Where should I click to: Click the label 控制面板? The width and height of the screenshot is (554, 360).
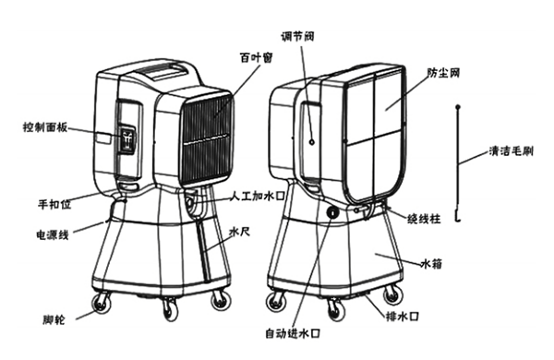(45, 127)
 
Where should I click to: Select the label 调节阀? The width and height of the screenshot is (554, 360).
(297, 36)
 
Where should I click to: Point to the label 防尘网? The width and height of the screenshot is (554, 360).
(443, 73)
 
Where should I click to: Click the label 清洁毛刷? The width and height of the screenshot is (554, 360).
(511, 151)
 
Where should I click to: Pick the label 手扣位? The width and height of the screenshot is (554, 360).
(54, 204)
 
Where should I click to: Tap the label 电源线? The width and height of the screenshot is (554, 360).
(53, 234)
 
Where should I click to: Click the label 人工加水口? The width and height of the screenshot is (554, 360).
(258, 196)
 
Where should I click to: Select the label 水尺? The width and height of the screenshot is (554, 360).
(240, 232)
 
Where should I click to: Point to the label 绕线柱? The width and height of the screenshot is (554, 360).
(424, 219)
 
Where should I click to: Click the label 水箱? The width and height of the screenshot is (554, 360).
(431, 264)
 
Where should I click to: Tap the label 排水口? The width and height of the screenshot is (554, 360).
(403, 317)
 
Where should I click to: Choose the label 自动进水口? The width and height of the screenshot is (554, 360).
(293, 333)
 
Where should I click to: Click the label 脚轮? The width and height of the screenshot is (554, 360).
(54, 319)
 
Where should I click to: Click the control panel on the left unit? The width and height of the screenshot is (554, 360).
(127, 140)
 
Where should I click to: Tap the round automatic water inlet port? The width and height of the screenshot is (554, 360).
(332, 212)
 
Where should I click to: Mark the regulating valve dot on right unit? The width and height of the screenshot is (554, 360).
(312, 142)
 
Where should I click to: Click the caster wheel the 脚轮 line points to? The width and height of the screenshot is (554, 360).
(101, 303)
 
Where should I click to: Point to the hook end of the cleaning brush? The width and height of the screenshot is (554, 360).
(458, 219)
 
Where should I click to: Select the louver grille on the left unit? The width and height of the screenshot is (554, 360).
(207, 139)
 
